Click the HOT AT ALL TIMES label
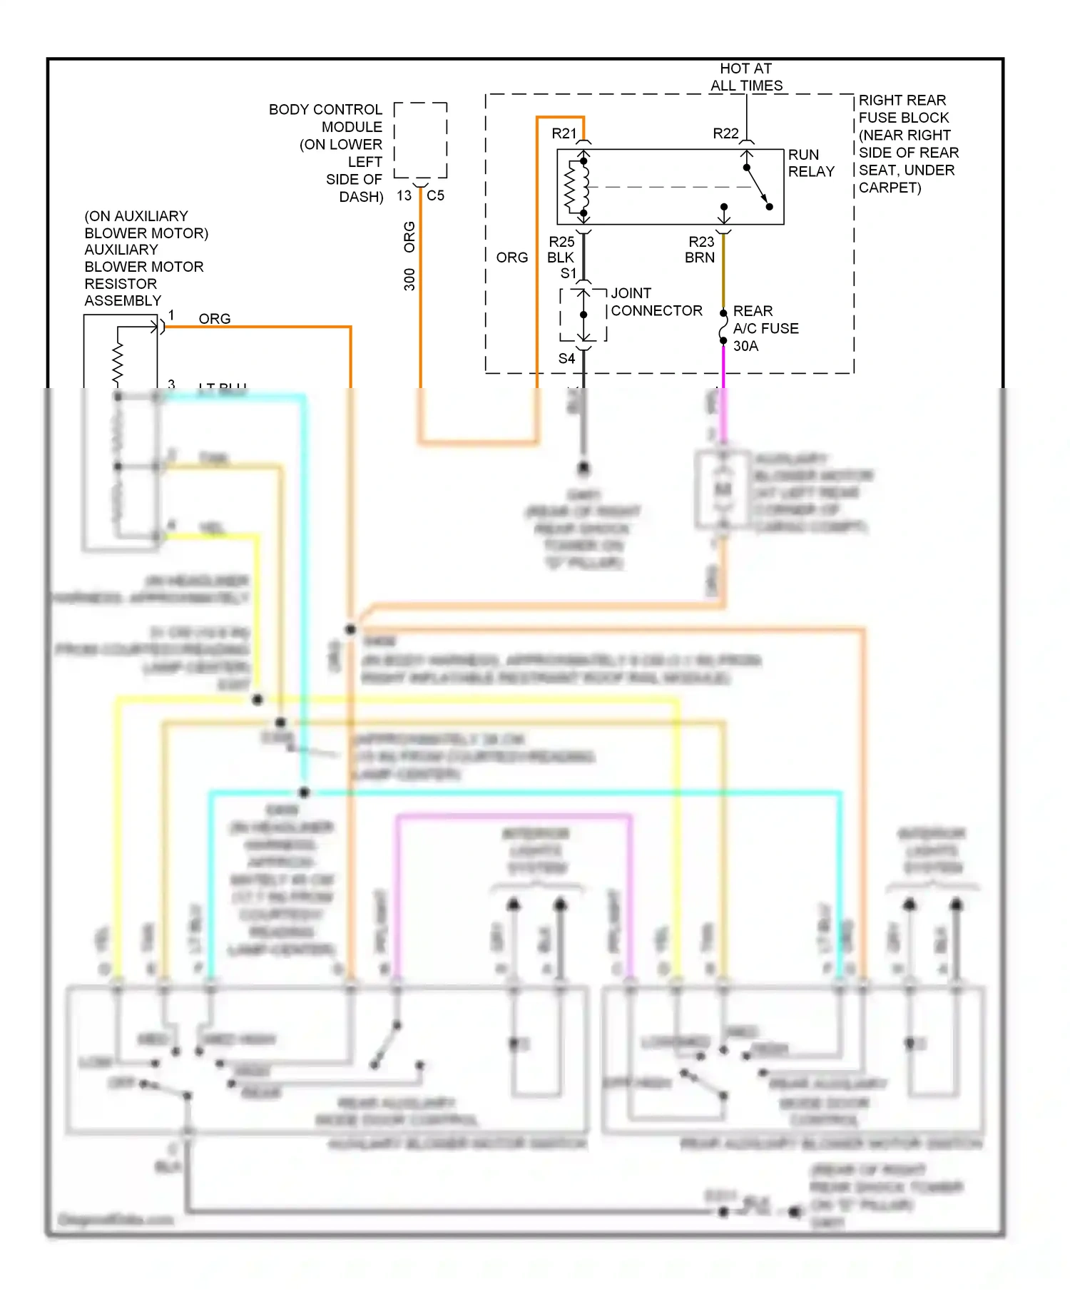pos(746,77)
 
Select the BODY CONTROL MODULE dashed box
pos(420,140)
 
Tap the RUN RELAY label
pos(810,163)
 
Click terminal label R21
pos(564,133)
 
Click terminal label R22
pos(725,133)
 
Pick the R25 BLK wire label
pos(561,250)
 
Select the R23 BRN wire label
pos(700,250)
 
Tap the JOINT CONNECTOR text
pos(656,302)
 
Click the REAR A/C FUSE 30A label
pos(765,328)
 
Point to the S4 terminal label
pos(566,358)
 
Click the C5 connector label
pos(435,195)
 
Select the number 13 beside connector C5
pos(404,195)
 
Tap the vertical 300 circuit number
pos(409,279)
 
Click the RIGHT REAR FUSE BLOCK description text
pos(907,143)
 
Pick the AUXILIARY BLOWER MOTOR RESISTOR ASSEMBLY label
pos(145,258)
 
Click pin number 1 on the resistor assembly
pos(171,315)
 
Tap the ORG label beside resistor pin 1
pos(214,318)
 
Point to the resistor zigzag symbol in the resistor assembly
pos(118,364)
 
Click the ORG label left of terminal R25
pos(511,258)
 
